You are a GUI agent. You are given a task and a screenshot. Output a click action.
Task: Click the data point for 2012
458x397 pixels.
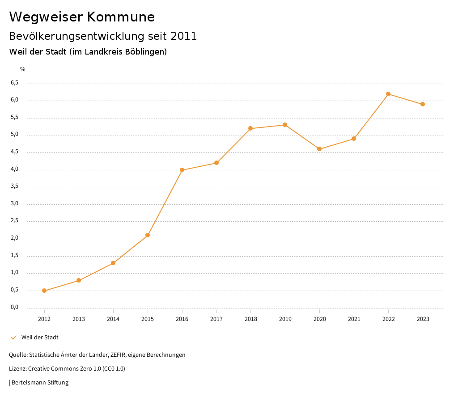(x=44, y=291)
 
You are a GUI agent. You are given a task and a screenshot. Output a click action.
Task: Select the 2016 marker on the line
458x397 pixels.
(x=182, y=170)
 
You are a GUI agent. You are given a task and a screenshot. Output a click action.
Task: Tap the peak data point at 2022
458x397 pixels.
(x=388, y=94)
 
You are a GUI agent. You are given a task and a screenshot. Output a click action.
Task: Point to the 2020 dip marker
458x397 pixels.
(x=319, y=149)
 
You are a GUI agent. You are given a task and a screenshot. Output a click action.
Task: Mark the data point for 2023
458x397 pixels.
(x=423, y=104)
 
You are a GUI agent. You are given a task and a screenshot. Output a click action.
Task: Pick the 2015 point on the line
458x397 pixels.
(x=148, y=235)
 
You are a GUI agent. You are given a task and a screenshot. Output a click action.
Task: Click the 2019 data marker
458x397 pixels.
(x=285, y=125)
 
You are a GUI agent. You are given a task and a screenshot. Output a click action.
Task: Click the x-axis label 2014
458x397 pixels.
(x=113, y=319)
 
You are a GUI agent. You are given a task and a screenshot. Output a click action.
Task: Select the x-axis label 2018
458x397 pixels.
(x=250, y=319)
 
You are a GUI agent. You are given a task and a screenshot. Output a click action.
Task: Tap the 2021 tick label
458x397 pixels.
(x=354, y=319)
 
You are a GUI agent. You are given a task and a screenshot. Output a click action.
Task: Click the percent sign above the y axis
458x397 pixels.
(x=23, y=69)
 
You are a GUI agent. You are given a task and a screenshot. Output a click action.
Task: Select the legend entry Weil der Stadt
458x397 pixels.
(x=40, y=338)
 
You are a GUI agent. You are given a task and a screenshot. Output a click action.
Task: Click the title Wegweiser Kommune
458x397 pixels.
(x=82, y=17)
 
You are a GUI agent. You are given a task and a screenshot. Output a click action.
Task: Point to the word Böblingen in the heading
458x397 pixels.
(x=146, y=52)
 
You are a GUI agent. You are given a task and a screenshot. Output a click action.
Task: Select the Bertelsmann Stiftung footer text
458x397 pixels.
(x=40, y=383)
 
